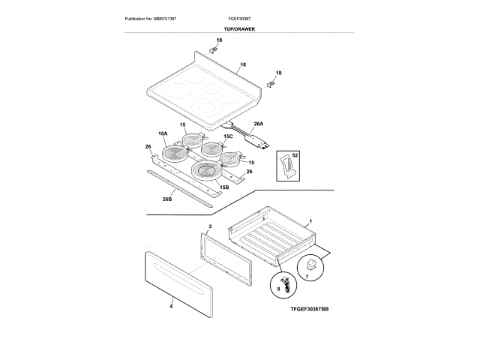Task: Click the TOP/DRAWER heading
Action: pyautogui.click(x=240, y=28)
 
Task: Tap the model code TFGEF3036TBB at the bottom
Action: pyautogui.click(x=310, y=309)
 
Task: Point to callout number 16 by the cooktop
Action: pyautogui.click(x=243, y=66)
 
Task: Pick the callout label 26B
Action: pyautogui.click(x=167, y=199)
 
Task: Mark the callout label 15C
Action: pyautogui.click(x=229, y=136)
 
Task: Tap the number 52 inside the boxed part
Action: pyautogui.click(x=295, y=154)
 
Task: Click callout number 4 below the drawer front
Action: pyautogui.click(x=171, y=305)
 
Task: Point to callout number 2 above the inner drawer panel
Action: pyautogui.click(x=210, y=226)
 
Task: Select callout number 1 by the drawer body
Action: pyautogui.click(x=310, y=223)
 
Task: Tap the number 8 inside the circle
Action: pyautogui.click(x=278, y=288)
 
